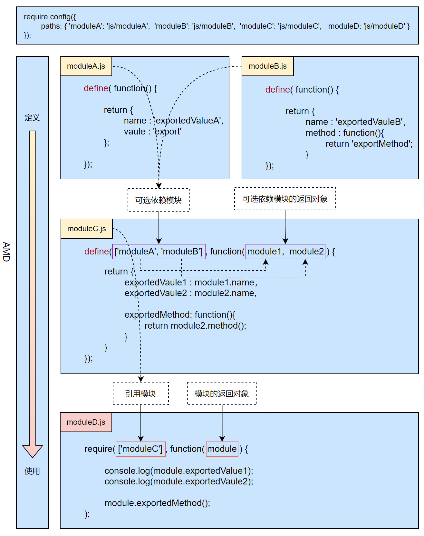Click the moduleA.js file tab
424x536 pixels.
pyautogui.click(x=86, y=66)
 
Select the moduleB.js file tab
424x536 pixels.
pyautogui.click(x=267, y=66)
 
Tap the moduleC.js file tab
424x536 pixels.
pyautogui.click(x=86, y=229)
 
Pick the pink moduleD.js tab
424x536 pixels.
pyautogui.click(x=86, y=422)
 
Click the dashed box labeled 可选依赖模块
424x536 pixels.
pyautogui.click(x=159, y=200)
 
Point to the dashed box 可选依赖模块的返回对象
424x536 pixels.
pyautogui.click(x=285, y=199)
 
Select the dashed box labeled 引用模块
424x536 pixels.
pyautogui.click(x=140, y=393)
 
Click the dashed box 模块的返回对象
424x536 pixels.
pyautogui.click(x=222, y=393)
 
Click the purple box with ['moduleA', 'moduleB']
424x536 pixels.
pyautogui.click(x=159, y=252)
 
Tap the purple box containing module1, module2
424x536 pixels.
pyautogui.click(x=285, y=252)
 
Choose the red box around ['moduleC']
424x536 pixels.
pyautogui.click(x=140, y=449)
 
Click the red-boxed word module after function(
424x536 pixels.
pyautogui.click(x=222, y=449)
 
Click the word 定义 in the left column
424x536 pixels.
pyautogui.click(x=32, y=118)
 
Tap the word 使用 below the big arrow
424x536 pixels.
pyautogui.click(x=32, y=471)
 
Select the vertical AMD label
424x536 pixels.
pyautogui.click(x=6, y=252)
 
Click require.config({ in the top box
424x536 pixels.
pyautogui.click(x=50, y=17)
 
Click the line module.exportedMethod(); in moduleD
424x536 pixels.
pyautogui.click(x=157, y=503)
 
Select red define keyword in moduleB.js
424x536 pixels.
pyautogui.click(x=277, y=90)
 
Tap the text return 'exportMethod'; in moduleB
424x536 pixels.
pyautogui.click(x=369, y=144)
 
